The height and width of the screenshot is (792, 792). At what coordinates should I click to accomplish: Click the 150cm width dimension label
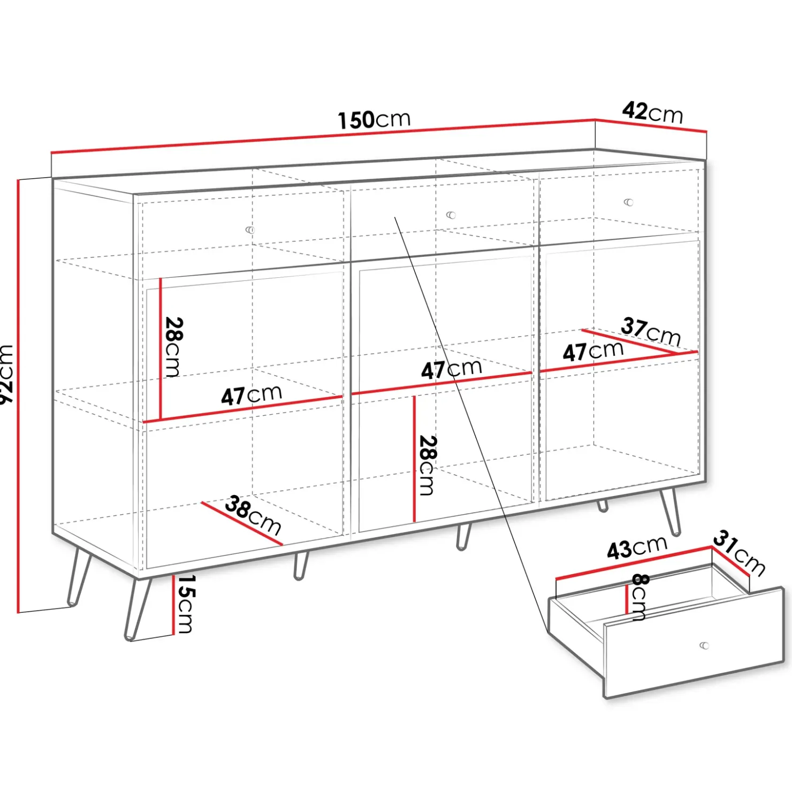click(374, 120)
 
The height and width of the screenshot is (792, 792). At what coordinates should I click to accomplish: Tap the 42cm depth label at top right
click(652, 112)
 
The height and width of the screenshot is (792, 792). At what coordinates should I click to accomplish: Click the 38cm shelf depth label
click(253, 515)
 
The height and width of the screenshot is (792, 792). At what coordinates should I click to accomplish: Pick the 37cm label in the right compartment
click(651, 331)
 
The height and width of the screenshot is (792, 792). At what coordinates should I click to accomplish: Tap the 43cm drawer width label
click(637, 547)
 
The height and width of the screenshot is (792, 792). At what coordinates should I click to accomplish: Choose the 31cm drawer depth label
click(739, 553)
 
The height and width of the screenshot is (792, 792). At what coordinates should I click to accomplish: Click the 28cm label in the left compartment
click(174, 347)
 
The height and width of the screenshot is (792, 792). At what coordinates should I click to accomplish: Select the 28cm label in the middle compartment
click(428, 465)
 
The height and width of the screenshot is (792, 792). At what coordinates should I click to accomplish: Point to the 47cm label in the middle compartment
click(452, 369)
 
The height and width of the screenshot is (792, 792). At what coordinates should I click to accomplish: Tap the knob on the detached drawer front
click(705, 645)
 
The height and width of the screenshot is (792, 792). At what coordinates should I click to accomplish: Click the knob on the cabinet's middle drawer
click(451, 215)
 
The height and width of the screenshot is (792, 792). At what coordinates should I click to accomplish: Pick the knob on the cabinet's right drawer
click(629, 202)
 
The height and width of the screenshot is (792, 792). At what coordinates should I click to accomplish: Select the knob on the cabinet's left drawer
click(250, 230)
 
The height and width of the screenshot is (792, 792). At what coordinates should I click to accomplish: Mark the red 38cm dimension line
click(242, 523)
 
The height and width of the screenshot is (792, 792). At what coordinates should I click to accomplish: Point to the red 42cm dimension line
click(651, 125)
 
